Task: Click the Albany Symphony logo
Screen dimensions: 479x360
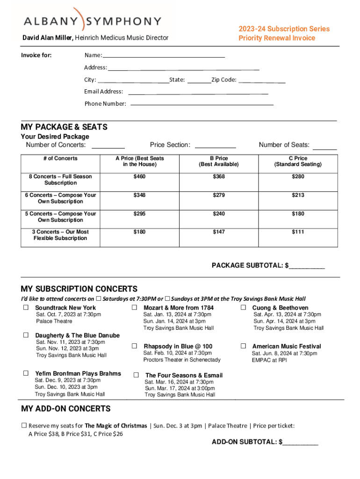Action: click(93, 21)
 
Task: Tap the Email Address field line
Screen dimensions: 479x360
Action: click(198, 94)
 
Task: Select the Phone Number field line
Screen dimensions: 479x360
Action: click(202, 104)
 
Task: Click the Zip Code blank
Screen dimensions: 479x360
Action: click(262, 82)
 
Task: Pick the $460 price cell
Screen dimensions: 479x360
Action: click(139, 177)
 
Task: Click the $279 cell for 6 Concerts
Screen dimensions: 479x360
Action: click(218, 195)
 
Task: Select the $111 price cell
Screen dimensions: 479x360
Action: click(298, 232)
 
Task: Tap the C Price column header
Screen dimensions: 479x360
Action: click(298, 161)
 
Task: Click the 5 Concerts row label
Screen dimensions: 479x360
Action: click(60, 217)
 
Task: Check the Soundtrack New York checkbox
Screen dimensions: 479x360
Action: click(26, 307)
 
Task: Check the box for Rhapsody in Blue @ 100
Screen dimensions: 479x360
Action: click(134, 346)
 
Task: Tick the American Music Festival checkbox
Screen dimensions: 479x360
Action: click(243, 346)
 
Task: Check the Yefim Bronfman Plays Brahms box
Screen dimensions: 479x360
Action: click(26, 373)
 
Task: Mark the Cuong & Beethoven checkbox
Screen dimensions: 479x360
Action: click(243, 307)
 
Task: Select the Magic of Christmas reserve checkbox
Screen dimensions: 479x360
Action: click(24, 426)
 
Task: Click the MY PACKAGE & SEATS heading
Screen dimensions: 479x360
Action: click(64, 127)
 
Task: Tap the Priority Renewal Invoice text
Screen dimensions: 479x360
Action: click(277, 38)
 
